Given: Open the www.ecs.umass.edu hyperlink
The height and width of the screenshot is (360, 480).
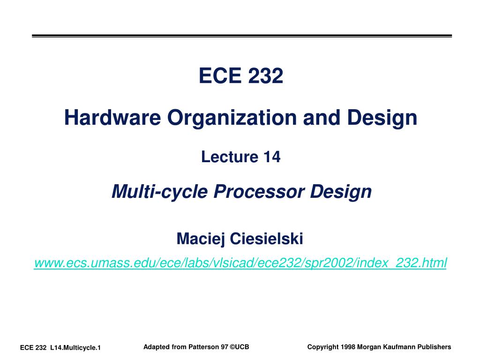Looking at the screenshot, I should pos(240,262).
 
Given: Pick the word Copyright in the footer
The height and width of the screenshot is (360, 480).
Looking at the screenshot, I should pos(322,347).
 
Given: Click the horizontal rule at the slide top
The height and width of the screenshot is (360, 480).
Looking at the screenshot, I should pos(241,36).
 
